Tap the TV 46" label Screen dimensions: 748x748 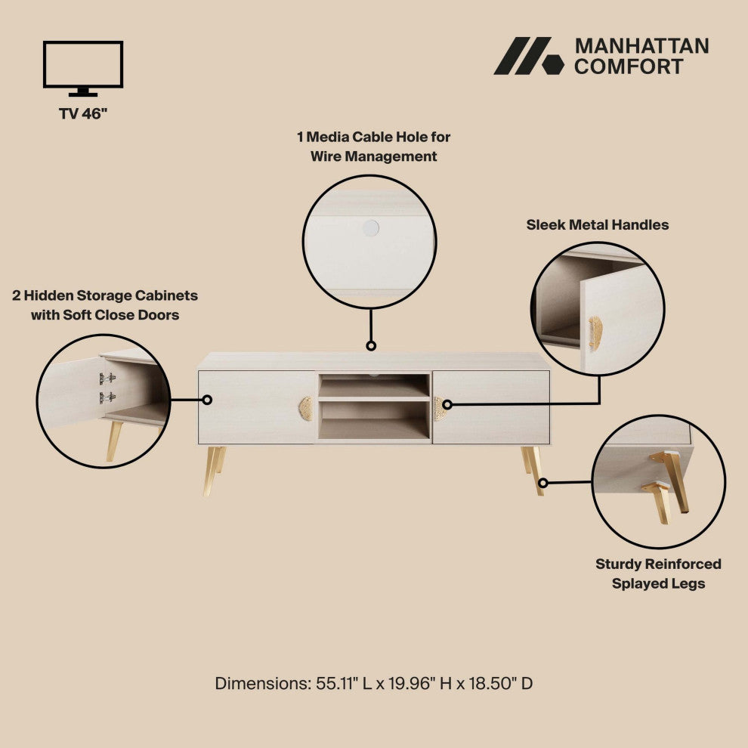coord(83,114)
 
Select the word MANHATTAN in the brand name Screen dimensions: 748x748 coord(641,46)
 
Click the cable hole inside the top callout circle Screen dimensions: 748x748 coord(370,227)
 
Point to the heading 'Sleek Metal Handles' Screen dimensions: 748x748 coord(597,224)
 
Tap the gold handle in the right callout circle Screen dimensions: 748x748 coord(595,332)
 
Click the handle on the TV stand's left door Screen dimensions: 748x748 coord(306,408)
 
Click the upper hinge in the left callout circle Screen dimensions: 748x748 coord(108,378)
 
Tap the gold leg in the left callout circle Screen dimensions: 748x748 coord(114,440)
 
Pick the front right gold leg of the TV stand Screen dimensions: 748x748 coord(536,470)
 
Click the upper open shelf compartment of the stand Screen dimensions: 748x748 coord(373,387)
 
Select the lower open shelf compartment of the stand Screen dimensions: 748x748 coord(373,420)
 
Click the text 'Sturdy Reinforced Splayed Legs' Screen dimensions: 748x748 coord(658,573)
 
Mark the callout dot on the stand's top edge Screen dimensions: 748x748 coord(371,345)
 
